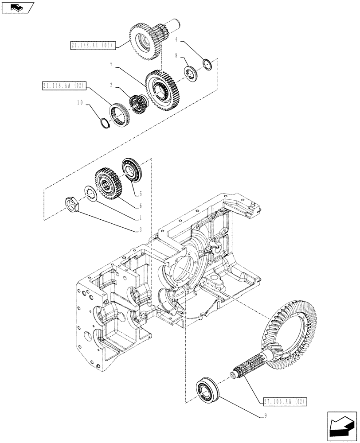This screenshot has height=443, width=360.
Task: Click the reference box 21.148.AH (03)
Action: tap(92, 45)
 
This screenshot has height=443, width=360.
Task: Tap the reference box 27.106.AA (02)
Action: tap(284, 402)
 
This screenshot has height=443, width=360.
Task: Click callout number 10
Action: tap(80, 102)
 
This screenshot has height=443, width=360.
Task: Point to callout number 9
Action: tap(266, 416)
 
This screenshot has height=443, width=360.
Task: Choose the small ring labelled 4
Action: tap(207, 63)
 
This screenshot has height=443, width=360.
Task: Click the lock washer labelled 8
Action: tap(191, 74)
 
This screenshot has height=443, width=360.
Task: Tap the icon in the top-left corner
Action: tap(17, 7)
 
